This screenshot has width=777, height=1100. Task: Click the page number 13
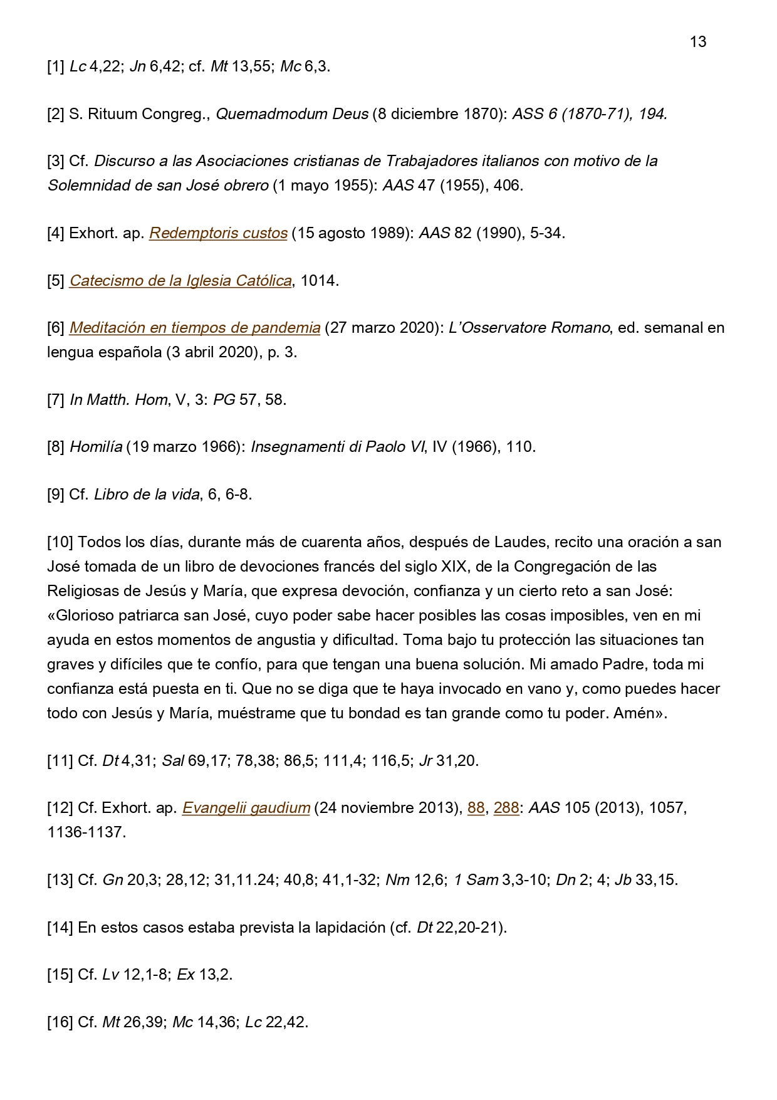tap(697, 42)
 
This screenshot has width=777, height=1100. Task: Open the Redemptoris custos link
tap(218, 233)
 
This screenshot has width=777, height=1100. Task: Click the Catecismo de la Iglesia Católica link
tap(180, 281)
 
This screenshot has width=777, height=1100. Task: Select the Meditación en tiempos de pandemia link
tap(195, 328)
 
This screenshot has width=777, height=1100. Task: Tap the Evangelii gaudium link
tap(246, 808)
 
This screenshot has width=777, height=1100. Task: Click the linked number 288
tap(506, 808)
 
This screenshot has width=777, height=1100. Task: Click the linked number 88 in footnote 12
tap(476, 808)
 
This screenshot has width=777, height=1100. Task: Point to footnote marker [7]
tap(56, 399)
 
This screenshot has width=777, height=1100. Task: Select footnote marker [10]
tap(61, 542)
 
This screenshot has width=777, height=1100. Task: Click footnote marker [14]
tap(61, 927)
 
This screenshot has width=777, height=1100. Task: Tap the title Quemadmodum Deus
tap(292, 114)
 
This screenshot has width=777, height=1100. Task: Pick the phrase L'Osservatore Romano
tap(529, 328)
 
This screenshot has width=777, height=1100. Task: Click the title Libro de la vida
tap(147, 494)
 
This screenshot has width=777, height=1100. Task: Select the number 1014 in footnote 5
tap(320, 281)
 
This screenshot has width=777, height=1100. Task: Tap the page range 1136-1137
tap(86, 832)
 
